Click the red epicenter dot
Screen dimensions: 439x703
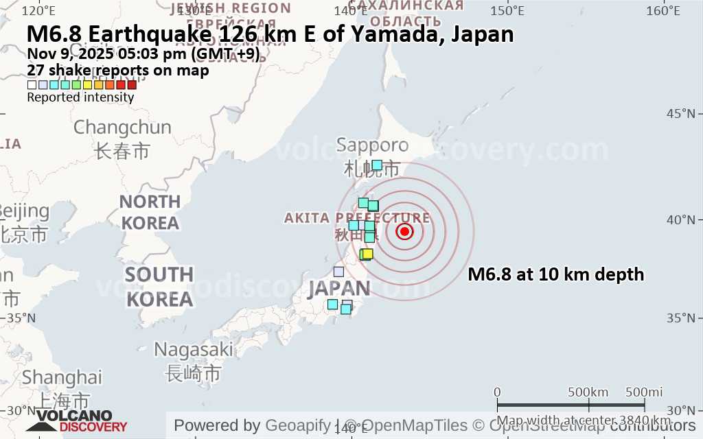tap(404, 231)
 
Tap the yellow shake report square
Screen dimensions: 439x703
tap(367, 254)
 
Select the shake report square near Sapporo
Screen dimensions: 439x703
tap(377, 165)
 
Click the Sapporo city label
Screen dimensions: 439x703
tap(372, 145)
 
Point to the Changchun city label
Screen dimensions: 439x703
tap(122, 128)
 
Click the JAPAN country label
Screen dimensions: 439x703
tap(339, 287)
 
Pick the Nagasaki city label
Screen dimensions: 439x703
tap(194, 349)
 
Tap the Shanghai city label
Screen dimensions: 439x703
tap(62, 377)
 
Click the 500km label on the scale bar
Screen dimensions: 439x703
tap(588, 392)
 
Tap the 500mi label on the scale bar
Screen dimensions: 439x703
tap(643, 392)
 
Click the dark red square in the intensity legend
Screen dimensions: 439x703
tap(132, 85)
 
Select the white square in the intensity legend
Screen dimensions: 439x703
tap(32, 85)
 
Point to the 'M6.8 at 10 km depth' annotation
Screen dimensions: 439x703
tap(555, 275)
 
